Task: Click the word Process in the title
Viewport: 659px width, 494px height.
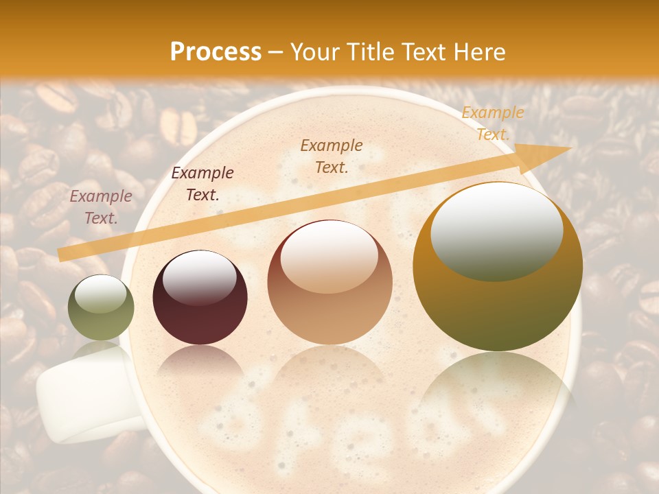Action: click(216, 52)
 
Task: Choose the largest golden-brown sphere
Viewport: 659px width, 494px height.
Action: click(498, 268)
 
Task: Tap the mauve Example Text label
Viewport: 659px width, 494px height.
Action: click(101, 207)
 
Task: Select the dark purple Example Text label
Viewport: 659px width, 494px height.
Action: click(203, 183)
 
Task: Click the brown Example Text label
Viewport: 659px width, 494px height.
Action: click(332, 156)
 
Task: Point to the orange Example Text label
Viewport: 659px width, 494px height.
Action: click(493, 123)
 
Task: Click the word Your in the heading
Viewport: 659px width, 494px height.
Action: click(312, 52)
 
